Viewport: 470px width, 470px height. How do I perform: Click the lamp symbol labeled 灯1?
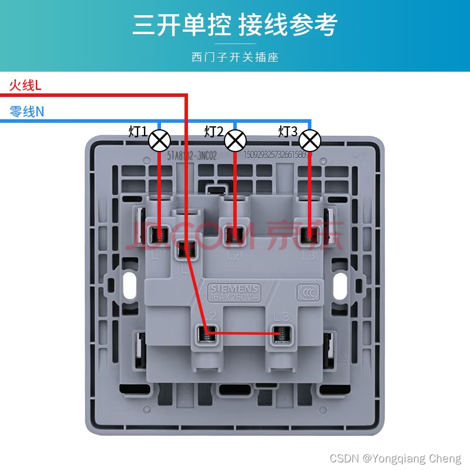point(159,140)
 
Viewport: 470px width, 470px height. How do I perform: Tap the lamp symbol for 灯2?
point(235,140)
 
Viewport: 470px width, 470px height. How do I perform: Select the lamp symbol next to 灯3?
point(310,140)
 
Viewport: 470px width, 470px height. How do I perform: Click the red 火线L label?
point(25,86)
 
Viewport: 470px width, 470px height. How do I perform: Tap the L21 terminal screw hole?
point(235,235)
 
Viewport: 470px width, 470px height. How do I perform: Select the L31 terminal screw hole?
point(310,235)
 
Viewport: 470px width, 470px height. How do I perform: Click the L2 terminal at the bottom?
point(206,334)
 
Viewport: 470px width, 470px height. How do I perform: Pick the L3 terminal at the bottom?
point(281,334)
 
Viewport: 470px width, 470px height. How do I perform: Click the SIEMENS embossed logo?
point(234,289)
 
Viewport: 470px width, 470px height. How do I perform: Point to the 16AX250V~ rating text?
point(234,297)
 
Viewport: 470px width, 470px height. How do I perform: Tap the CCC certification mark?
point(307,291)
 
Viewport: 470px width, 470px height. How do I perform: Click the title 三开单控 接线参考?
point(235,26)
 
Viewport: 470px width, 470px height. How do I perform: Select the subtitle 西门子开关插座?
point(235,57)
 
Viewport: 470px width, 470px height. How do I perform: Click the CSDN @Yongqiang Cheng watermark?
point(395,458)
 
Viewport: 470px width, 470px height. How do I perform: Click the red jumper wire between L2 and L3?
point(243,334)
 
